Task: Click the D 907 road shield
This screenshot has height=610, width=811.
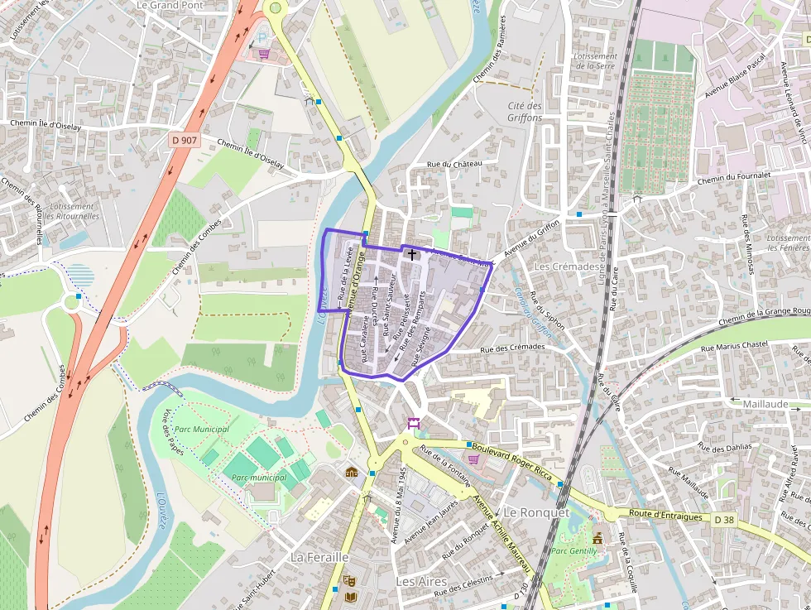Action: [x=185, y=141]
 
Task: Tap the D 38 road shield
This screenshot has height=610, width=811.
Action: [x=723, y=520]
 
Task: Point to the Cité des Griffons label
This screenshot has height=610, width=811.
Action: [x=525, y=112]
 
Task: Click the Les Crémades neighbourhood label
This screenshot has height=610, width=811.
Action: [x=567, y=267]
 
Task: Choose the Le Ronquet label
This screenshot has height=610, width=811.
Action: [x=536, y=512]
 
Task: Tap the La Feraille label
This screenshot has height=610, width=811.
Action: [x=319, y=557]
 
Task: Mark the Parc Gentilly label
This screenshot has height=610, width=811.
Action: [x=574, y=550]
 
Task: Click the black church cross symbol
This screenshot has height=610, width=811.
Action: [x=411, y=255]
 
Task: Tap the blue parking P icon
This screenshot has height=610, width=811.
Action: [x=263, y=37]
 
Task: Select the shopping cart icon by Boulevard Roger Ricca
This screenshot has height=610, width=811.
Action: [x=473, y=459]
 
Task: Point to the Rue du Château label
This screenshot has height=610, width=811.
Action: [x=453, y=164]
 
